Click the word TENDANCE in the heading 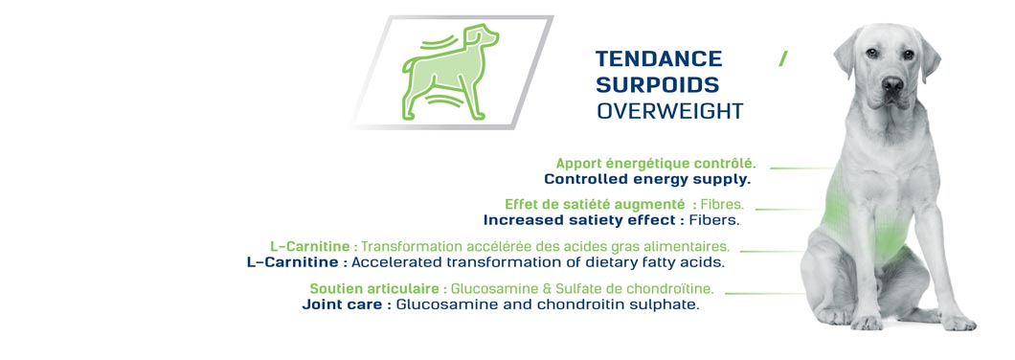coord(659,59)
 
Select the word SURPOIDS coord(657,85)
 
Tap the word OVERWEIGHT coord(670,111)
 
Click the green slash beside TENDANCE coord(783,59)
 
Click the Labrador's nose coord(892,83)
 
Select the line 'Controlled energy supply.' coord(647,179)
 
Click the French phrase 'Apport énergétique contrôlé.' coord(656,163)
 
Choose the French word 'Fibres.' coord(722,205)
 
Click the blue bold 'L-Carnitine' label coord(293,262)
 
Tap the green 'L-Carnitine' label coord(310,247)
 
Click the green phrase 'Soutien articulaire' coord(374,289)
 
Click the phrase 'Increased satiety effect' coord(579,220)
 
